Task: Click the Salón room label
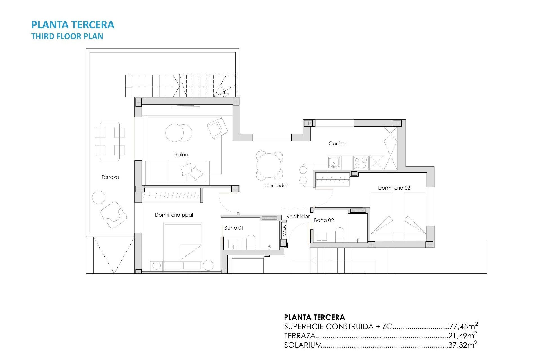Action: point(181,155)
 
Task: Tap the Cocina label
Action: point(337,143)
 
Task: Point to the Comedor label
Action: point(276,186)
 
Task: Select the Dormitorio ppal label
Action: point(174,215)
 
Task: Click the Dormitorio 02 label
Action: point(394,188)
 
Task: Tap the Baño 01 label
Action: point(234,228)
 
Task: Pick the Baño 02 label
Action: point(324,220)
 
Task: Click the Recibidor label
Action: point(298,217)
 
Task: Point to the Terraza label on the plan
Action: point(110,177)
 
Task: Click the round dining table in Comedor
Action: point(269,165)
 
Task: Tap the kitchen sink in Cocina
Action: point(334,162)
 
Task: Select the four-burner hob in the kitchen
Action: point(361,163)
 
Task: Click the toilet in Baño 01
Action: point(251,242)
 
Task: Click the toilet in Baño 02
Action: point(340,235)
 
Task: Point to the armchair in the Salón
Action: point(217,128)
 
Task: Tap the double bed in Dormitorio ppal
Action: point(183,242)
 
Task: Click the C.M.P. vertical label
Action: point(284,230)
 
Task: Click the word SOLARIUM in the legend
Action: point(303,345)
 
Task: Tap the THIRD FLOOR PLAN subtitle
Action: point(67,36)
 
